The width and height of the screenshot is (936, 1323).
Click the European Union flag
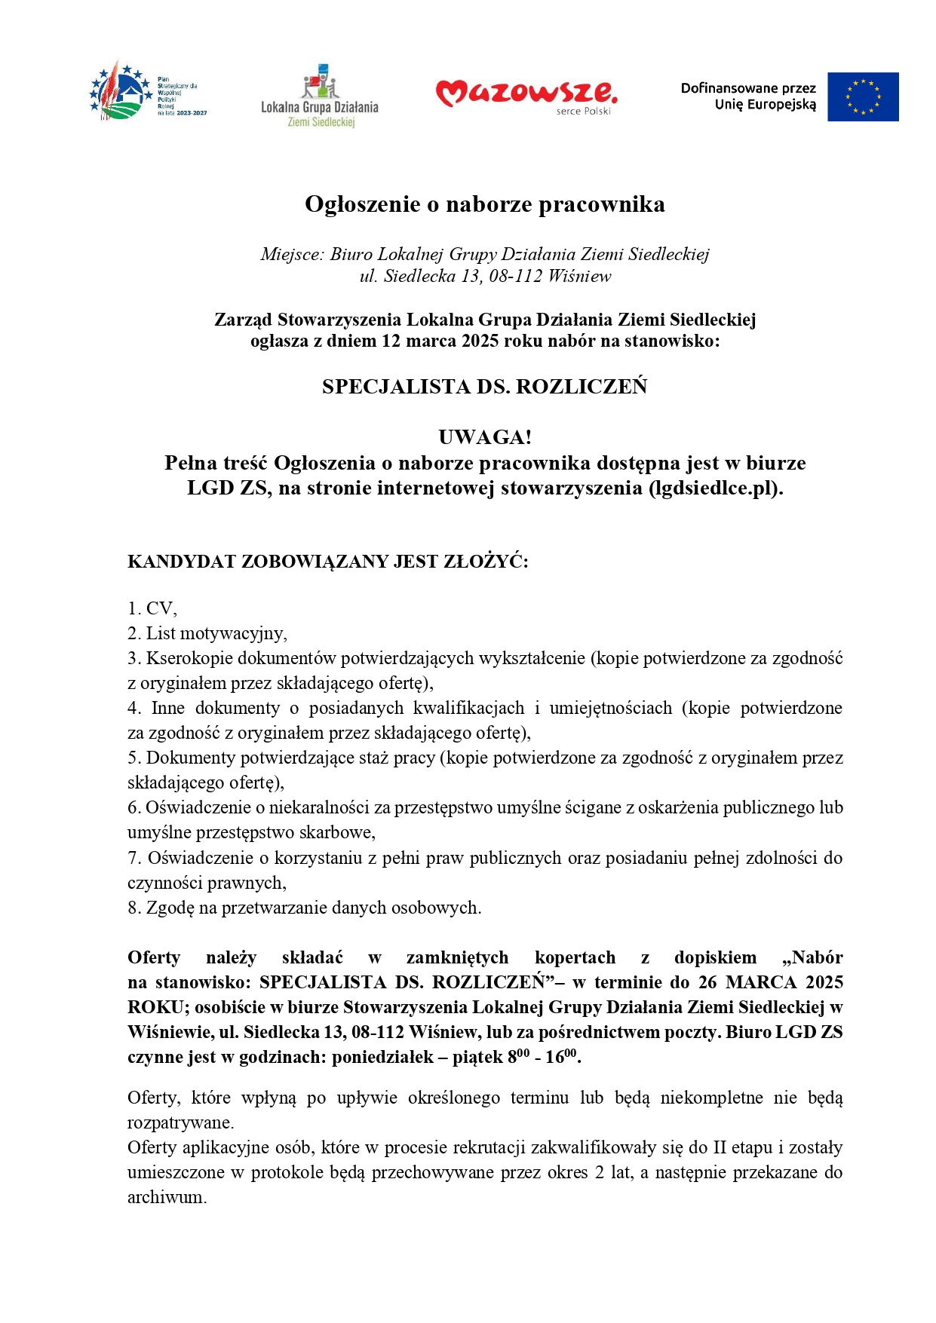[x=862, y=96]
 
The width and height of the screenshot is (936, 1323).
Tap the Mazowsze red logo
[x=526, y=94]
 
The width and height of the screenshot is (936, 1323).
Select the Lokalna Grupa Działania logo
[x=320, y=96]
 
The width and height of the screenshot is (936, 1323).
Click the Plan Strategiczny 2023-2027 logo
[x=148, y=93]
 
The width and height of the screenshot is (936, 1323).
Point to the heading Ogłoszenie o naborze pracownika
[x=484, y=204]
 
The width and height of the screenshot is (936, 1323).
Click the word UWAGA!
[x=484, y=437]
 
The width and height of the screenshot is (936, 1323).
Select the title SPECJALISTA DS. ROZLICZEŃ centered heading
[x=484, y=387]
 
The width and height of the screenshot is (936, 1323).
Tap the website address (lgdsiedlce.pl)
[x=715, y=488]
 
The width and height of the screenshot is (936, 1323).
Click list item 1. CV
[x=152, y=608]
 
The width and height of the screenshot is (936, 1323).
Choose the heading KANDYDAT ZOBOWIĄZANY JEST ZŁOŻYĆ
[x=327, y=562]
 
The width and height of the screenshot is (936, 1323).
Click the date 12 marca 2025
[x=440, y=341]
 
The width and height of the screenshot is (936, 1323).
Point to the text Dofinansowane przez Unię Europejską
[x=748, y=96]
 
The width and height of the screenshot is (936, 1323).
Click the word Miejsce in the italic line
[x=292, y=254]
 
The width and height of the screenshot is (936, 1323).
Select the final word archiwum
[x=166, y=1197]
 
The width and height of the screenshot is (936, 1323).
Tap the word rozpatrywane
[x=180, y=1122]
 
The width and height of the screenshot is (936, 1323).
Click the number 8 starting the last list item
[x=133, y=908]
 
